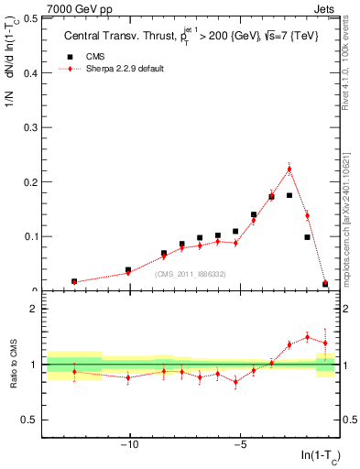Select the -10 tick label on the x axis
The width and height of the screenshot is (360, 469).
click(x=129, y=447)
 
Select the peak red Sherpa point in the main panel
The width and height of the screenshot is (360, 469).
click(x=289, y=169)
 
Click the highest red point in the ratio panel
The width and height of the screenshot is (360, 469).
click(x=308, y=337)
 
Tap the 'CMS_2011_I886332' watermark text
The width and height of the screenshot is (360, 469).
click(x=190, y=274)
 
